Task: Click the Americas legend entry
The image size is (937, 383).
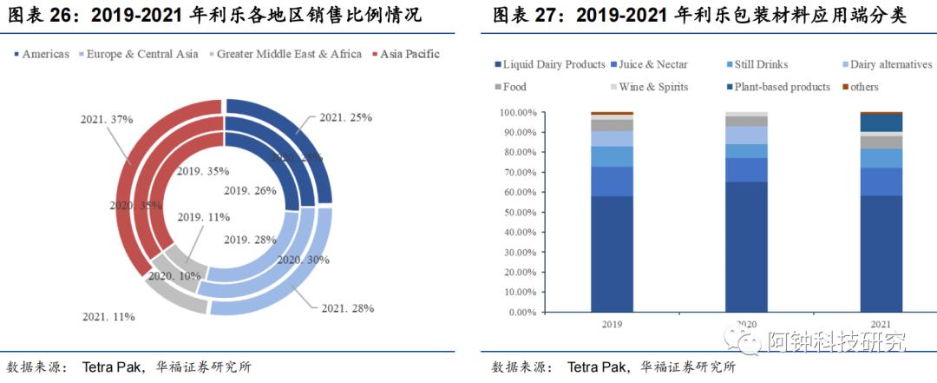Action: pos(43,54)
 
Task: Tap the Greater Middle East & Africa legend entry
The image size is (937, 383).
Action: pos(285,54)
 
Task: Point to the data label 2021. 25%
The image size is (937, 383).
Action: pos(345,116)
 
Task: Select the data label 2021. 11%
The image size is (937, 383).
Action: pos(108,317)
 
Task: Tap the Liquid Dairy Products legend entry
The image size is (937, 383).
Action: pos(550,64)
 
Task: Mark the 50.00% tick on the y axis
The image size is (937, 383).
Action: pos(517,212)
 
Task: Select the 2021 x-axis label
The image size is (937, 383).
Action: pos(880,325)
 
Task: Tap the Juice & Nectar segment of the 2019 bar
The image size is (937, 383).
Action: pos(612,181)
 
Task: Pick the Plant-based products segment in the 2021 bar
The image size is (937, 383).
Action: pos(881,122)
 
